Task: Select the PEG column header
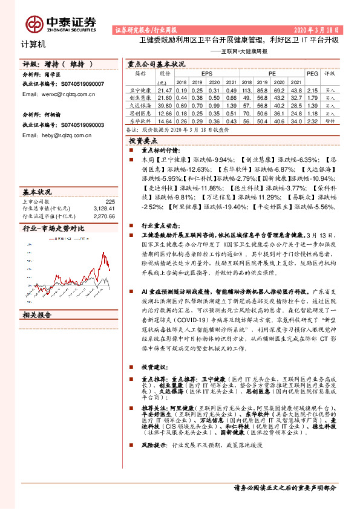pyautogui.click(x=312, y=73)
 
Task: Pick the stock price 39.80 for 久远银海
pyautogui.click(x=165, y=105)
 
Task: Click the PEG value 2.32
pyautogui.click(x=312, y=120)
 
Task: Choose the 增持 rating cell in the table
pyautogui.click(x=330, y=120)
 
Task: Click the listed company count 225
pyautogui.click(x=110, y=201)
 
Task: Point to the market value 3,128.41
pyautogui.click(x=104, y=208)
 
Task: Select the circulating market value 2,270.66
pyautogui.click(x=104, y=215)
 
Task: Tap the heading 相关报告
pyautogui.click(x=38, y=316)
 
